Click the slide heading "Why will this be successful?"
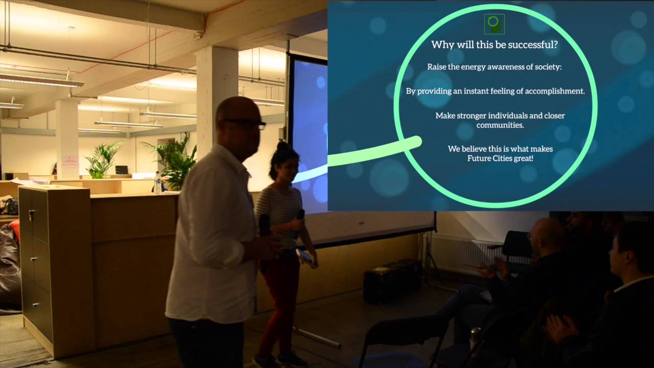494,45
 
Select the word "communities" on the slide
500,125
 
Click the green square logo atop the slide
494,24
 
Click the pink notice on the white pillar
70,162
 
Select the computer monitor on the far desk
122,170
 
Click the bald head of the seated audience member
548,233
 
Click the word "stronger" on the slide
477,116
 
